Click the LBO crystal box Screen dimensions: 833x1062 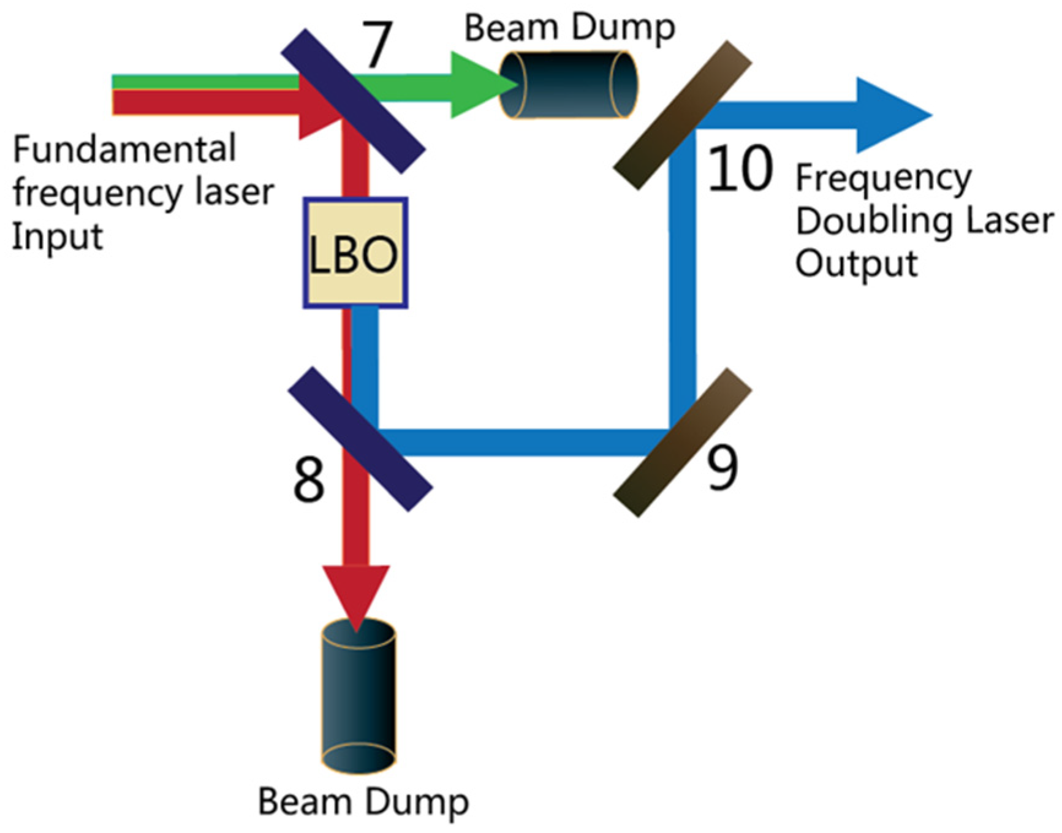point(355,253)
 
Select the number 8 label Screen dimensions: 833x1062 point(308,480)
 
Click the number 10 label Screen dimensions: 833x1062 point(740,169)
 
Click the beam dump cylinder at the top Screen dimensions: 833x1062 point(569,85)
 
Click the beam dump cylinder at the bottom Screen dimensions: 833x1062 point(358,696)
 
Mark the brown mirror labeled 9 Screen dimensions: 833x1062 point(682,443)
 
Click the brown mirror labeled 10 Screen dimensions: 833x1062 point(682,115)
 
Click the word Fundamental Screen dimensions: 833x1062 point(124,149)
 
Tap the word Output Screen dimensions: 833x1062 point(856,264)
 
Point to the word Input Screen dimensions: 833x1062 point(58,237)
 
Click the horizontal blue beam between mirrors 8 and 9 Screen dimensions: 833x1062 point(521,442)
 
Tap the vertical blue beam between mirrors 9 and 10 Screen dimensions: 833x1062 point(682,276)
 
